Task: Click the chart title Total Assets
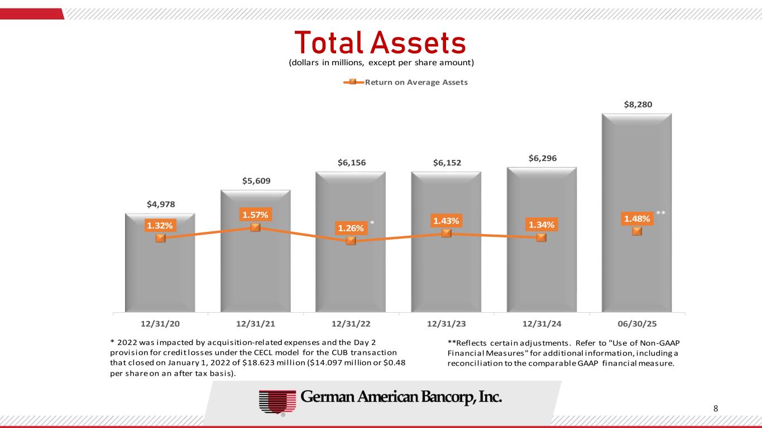(380, 42)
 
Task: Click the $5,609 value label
(255, 181)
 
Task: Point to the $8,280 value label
(636, 104)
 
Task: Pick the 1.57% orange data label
(255, 215)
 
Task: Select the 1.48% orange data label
(636, 218)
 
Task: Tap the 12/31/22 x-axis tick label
(351, 323)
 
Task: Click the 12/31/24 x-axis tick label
(541, 323)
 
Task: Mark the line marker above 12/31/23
(446, 233)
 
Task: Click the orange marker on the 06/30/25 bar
(636, 231)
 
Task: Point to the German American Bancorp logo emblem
(276, 401)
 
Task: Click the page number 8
(716, 408)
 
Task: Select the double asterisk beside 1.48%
(661, 213)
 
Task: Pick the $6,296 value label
(541, 159)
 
